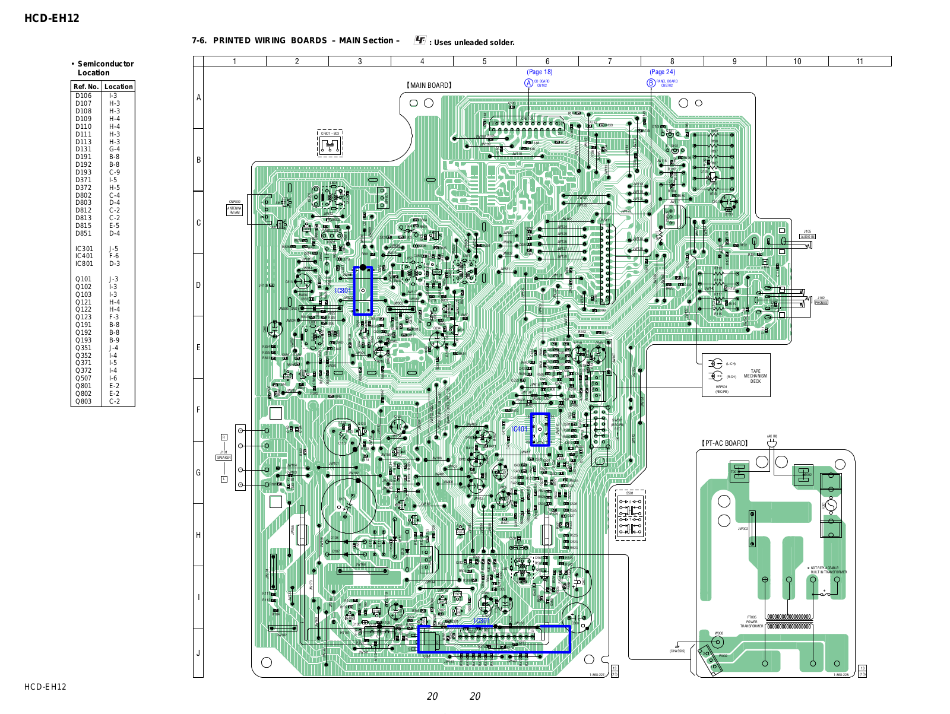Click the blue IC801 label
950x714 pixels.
[x=343, y=291]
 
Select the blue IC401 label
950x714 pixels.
[x=519, y=429]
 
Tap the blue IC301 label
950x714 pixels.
[x=482, y=621]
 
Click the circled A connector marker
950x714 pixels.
[x=528, y=83]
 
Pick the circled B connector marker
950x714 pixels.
[x=651, y=83]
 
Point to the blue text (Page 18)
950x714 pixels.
[x=540, y=72]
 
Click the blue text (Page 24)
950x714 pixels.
[x=662, y=72]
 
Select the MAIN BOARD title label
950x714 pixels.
[x=429, y=85]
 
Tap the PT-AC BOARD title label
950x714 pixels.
[x=724, y=443]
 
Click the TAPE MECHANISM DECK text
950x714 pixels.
[x=755, y=376]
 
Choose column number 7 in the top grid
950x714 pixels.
[x=610, y=61]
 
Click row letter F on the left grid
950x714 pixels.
[x=198, y=410]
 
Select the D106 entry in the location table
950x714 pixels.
[x=84, y=96]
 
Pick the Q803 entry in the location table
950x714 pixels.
[x=84, y=401]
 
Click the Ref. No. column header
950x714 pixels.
[x=86, y=87]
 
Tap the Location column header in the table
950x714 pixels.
[x=119, y=87]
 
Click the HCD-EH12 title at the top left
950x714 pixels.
[x=52, y=18]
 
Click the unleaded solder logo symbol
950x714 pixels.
[x=420, y=40]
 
